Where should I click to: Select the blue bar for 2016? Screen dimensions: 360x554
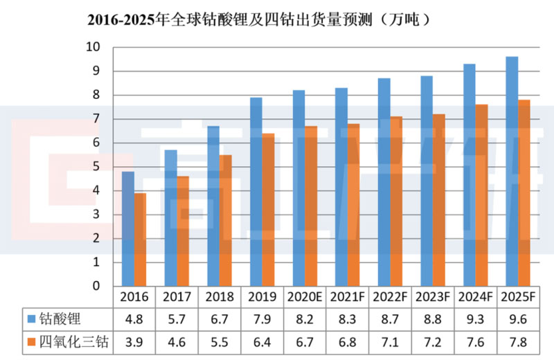pyautogui.click(x=127, y=228)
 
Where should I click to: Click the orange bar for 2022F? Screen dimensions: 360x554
pyautogui.click(x=395, y=201)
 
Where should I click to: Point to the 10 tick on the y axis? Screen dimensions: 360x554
pyautogui.click(x=93, y=47)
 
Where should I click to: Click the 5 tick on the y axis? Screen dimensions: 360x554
pyautogui.click(x=96, y=167)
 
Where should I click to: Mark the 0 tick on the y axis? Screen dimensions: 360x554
pyautogui.click(x=96, y=286)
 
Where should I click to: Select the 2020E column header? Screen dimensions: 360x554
pyautogui.click(x=305, y=297)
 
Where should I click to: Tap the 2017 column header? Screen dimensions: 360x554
pyautogui.click(x=177, y=297)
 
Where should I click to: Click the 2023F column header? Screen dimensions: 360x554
pyautogui.click(x=432, y=297)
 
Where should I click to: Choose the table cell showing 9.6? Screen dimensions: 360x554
pyautogui.click(x=517, y=319)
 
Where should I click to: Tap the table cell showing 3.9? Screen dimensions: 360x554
pyautogui.click(x=134, y=341)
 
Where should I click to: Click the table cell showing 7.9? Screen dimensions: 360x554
pyautogui.click(x=262, y=319)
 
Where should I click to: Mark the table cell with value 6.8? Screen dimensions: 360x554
pyautogui.click(x=347, y=341)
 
